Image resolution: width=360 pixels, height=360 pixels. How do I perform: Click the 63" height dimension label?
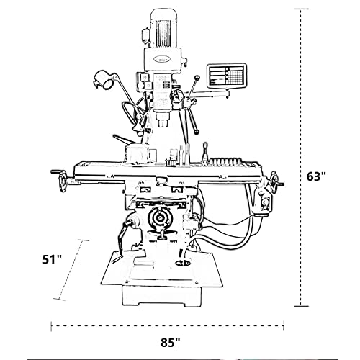(x=317, y=176)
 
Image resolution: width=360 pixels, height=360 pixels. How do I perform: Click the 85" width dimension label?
(x=171, y=343)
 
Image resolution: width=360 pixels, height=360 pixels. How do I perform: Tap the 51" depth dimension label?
(x=52, y=260)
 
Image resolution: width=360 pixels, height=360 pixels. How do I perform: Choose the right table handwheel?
(x=274, y=180)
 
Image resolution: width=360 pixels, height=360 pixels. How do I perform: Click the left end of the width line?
(x=52, y=326)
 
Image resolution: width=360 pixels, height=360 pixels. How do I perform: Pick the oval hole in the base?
(x=181, y=264)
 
